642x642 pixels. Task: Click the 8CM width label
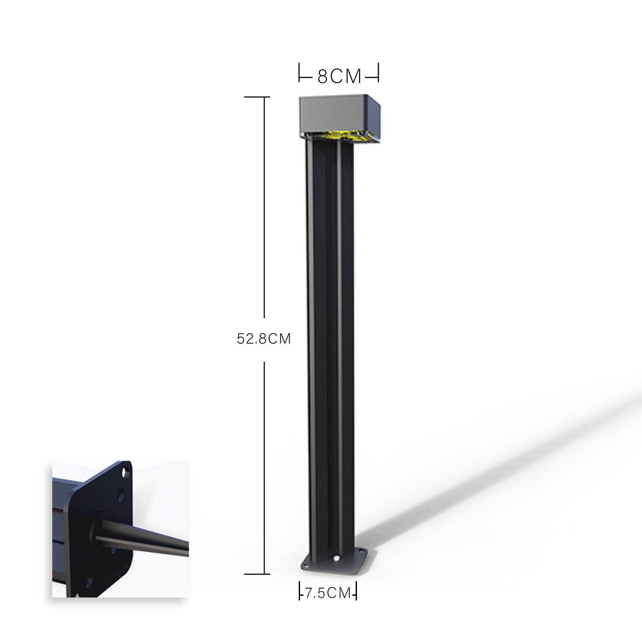(339, 76)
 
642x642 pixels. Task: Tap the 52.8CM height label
(264, 339)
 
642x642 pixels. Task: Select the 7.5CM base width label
(328, 593)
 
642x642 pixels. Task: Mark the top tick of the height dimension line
(257, 97)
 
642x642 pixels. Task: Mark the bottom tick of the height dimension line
(257, 574)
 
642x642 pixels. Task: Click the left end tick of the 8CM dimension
(299, 73)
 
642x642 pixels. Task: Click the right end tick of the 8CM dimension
(378, 73)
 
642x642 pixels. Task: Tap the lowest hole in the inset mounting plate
(88, 583)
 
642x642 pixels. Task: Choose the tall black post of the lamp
(330, 342)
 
